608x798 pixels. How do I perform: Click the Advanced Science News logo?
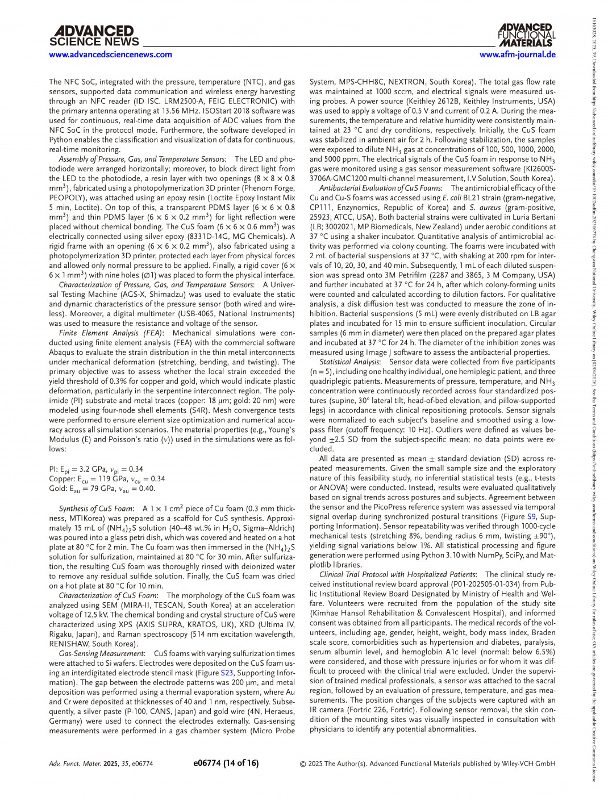pos(94,36)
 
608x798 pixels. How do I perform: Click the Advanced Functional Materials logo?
pos(526,35)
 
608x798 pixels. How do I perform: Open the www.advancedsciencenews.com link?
pos(110,54)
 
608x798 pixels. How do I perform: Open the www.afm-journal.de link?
pos(517,54)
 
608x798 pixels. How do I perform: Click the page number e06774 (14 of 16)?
pos(226,763)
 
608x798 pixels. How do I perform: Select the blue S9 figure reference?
pos(531,516)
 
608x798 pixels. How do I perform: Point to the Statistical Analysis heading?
pos(349,362)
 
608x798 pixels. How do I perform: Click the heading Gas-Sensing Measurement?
pos(101,653)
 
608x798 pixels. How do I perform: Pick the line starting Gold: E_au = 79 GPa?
pos(102,489)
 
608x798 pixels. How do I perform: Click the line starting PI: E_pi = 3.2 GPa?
pos(96,469)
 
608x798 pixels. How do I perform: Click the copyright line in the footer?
pos(427,763)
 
